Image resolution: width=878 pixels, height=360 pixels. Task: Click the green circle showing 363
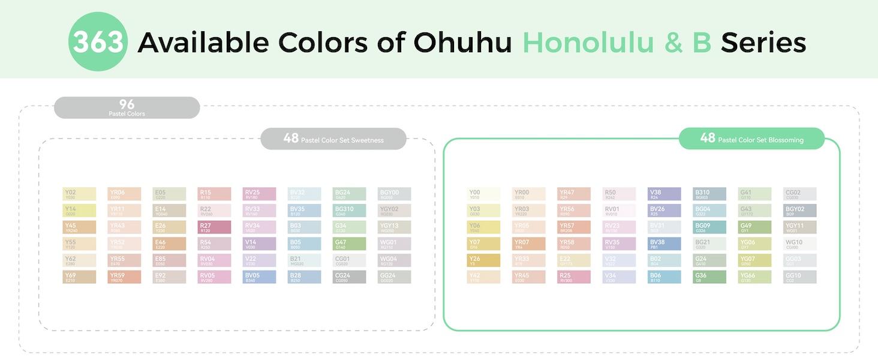point(98,42)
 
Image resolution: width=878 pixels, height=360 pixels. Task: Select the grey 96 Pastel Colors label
point(127,107)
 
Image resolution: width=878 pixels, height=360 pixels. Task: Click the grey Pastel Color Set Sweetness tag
point(333,139)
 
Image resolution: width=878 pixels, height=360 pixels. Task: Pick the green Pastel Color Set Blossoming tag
point(751,139)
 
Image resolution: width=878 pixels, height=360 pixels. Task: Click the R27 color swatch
point(214,227)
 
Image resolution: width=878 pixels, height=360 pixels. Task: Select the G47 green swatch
point(349,244)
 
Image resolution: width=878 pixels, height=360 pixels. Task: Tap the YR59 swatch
point(124,277)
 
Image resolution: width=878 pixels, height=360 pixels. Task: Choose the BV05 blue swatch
point(259,277)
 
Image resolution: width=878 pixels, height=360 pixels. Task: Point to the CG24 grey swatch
point(349,277)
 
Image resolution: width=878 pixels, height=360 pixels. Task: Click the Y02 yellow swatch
point(79,194)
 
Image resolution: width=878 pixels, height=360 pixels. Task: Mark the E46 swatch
point(169,244)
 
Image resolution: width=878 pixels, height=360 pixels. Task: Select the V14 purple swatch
point(259,244)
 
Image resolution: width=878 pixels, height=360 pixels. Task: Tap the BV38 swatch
point(664,244)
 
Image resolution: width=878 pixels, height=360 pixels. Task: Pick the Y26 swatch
point(483,260)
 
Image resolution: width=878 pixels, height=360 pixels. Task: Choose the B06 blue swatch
point(664,277)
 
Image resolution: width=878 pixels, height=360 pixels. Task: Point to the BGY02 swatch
point(799,211)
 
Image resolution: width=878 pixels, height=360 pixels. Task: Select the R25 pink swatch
point(574,277)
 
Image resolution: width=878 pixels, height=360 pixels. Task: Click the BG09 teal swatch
point(709,227)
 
